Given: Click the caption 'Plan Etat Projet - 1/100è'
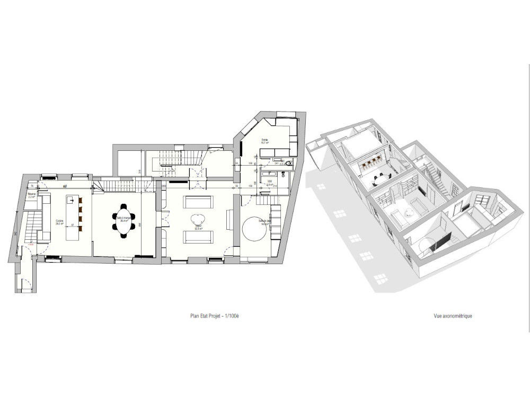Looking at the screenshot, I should point(215,316).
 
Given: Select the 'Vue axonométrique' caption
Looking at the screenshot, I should point(453,316).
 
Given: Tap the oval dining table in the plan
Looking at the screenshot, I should point(124,221).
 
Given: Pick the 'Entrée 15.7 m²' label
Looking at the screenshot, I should point(264,141).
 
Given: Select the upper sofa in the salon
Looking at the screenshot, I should point(198,202).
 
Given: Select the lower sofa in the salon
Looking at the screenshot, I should point(198,237).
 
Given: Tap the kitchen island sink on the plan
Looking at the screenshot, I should point(69,200).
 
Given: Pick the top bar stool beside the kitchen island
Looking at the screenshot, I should point(81,201).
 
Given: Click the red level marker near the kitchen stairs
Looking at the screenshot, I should point(31,245).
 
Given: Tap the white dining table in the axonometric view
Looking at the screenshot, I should point(380,179).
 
